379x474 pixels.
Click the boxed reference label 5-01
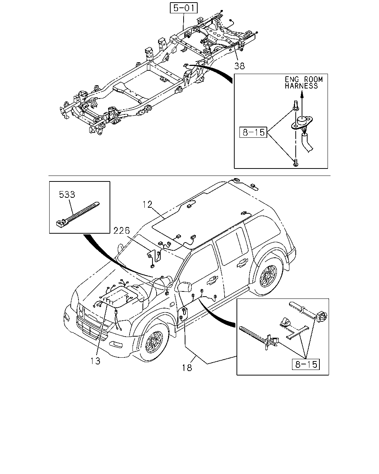(x=184, y=8)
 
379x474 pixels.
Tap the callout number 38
(x=239, y=66)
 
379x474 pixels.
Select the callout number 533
(x=67, y=194)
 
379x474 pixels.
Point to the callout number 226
(x=121, y=231)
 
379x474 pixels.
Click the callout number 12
(x=147, y=205)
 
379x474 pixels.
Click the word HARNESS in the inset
(x=301, y=86)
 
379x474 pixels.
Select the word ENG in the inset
(x=292, y=79)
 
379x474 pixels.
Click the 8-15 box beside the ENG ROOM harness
(x=253, y=132)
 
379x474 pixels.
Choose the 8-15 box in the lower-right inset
(x=306, y=364)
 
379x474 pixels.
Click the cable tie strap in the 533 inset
(x=78, y=214)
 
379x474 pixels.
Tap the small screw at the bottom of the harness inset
(x=296, y=163)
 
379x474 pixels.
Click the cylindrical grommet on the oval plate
(x=302, y=121)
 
